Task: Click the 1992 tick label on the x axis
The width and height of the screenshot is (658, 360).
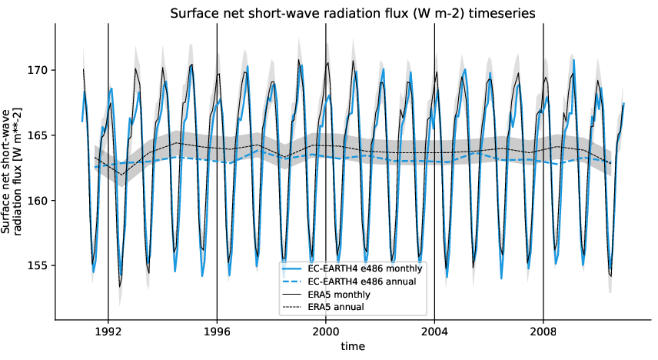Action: (x=108, y=333)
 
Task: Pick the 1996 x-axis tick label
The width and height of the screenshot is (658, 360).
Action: (x=217, y=333)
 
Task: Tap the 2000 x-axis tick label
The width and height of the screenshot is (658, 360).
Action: (x=326, y=333)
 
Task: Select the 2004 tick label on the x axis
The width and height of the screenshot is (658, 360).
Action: (x=435, y=333)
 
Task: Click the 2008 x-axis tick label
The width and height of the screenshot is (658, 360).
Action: (x=543, y=333)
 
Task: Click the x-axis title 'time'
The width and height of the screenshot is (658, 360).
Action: (x=354, y=348)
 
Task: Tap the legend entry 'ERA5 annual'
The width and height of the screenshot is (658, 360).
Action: (x=336, y=307)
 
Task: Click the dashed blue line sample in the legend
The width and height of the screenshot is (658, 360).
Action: (x=293, y=282)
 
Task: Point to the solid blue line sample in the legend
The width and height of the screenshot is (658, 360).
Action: (x=293, y=269)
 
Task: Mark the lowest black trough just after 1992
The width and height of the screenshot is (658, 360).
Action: (x=120, y=286)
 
